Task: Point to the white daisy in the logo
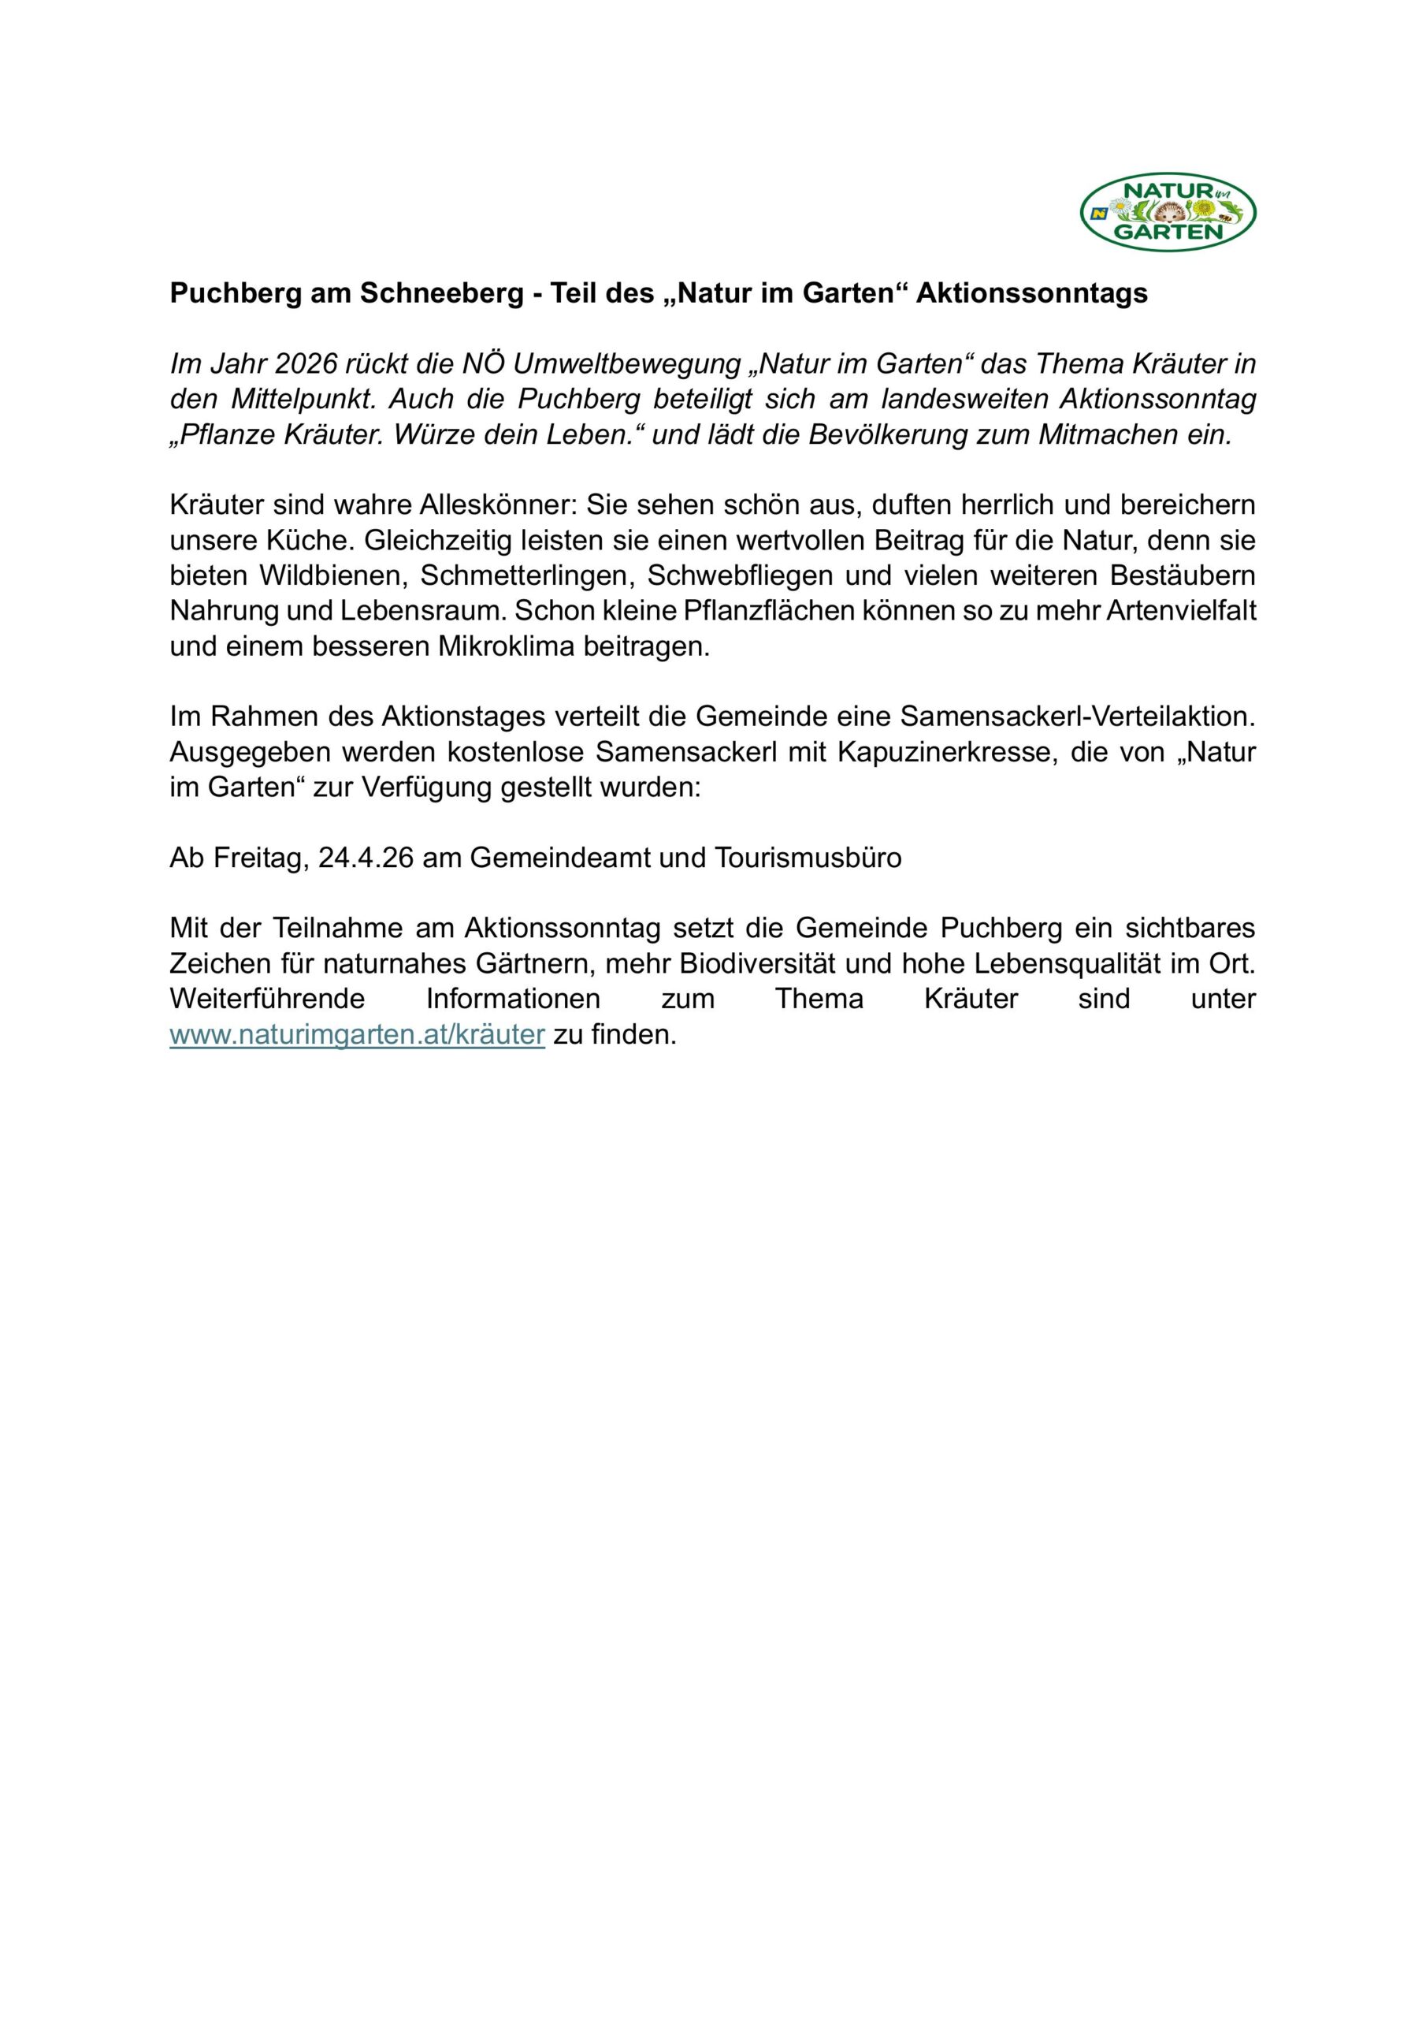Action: [x=1120, y=208]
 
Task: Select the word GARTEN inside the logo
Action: [x=1168, y=232]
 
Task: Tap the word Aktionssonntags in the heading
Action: [x=1031, y=293]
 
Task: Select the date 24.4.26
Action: [x=366, y=858]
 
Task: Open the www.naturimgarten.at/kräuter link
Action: [x=358, y=1035]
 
